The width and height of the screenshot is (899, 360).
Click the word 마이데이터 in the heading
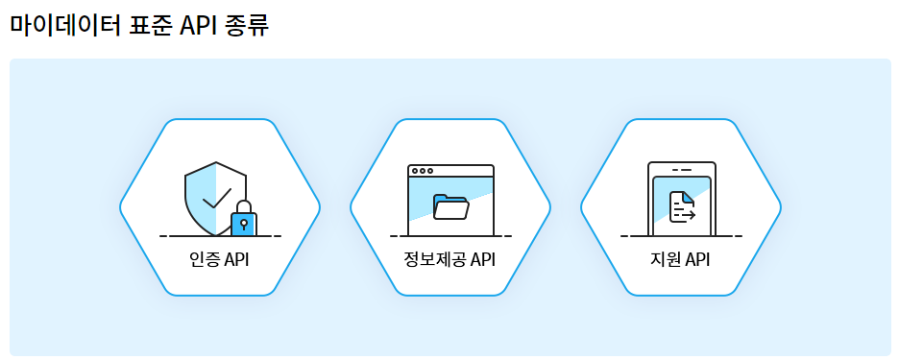click(65, 24)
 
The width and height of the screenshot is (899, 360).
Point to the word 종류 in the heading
click(248, 24)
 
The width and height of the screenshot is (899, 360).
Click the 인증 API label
click(220, 260)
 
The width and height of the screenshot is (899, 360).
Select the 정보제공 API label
click(449, 260)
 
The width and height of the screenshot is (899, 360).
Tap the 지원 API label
click(680, 260)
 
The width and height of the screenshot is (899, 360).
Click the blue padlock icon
click(244, 224)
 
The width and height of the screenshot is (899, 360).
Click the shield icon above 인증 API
click(211, 197)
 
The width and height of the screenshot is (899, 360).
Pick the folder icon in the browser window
click(450, 206)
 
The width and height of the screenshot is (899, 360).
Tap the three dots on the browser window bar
click(422, 171)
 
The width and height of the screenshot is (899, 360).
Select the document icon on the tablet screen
click(681, 206)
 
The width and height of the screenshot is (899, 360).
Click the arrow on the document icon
click(688, 216)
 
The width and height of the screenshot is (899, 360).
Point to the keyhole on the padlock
click(244, 225)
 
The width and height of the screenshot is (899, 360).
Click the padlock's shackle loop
click(244, 206)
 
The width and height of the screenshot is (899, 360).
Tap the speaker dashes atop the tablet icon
click(681, 170)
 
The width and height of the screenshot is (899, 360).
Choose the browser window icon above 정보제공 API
click(450, 200)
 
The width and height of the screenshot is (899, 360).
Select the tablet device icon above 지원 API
click(681, 198)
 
